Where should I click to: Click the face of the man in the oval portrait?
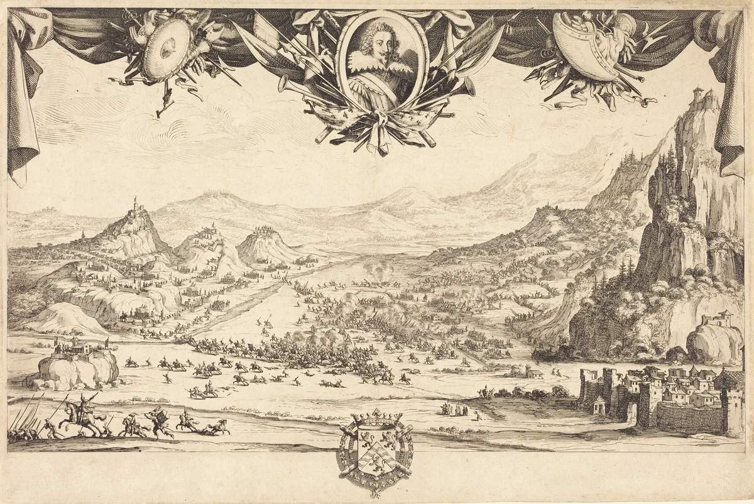(x=374, y=48)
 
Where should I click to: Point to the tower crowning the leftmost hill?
(x=134, y=204)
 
